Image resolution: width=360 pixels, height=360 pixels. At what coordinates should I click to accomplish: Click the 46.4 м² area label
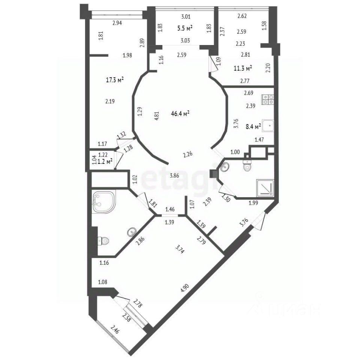[180, 113]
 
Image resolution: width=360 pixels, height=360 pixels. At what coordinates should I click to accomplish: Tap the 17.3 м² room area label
[115, 80]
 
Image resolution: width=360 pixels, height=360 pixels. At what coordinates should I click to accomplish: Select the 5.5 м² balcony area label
[185, 28]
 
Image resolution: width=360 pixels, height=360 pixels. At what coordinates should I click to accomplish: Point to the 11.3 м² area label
[243, 68]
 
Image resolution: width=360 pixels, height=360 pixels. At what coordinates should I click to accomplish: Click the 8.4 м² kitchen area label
[253, 126]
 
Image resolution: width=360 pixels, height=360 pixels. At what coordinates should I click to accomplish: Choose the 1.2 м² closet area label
[105, 161]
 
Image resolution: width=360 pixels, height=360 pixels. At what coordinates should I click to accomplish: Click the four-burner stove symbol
[268, 99]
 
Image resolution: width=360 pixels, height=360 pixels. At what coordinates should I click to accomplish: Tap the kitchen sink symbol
[268, 126]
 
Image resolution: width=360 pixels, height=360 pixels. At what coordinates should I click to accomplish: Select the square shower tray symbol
[265, 188]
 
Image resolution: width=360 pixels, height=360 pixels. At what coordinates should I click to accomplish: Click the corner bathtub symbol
[104, 201]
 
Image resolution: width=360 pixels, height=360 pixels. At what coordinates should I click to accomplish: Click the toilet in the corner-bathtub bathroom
[103, 241]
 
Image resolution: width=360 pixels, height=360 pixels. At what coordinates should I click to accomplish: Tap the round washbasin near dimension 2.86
[132, 232]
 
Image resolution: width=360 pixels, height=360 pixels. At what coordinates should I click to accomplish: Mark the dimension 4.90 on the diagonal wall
[185, 288]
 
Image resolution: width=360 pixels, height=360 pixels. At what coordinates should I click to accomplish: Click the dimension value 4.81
[157, 116]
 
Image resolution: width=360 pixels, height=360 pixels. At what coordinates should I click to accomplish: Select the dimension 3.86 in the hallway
[174, 176]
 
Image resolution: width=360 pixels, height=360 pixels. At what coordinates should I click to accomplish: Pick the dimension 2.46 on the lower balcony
[115, 330]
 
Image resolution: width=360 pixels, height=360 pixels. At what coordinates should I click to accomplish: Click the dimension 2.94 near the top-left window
[117, 23]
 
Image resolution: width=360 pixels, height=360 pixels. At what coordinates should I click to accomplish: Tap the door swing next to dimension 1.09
[213, 63]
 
